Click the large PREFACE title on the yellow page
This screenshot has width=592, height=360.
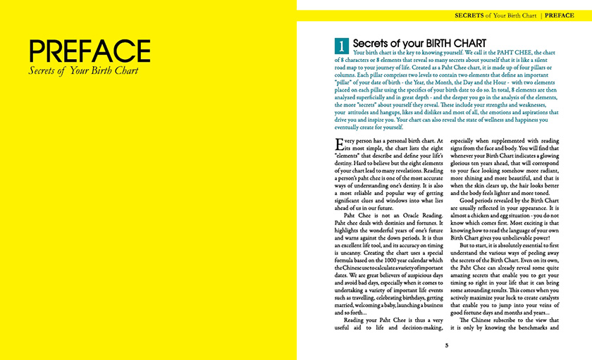coord(90,51)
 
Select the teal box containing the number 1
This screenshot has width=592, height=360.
coord(341,46)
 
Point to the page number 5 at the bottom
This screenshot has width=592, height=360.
coord(446,345)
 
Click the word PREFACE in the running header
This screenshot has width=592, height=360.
coord(560,14)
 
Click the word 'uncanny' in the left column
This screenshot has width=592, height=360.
coord(344,252)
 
